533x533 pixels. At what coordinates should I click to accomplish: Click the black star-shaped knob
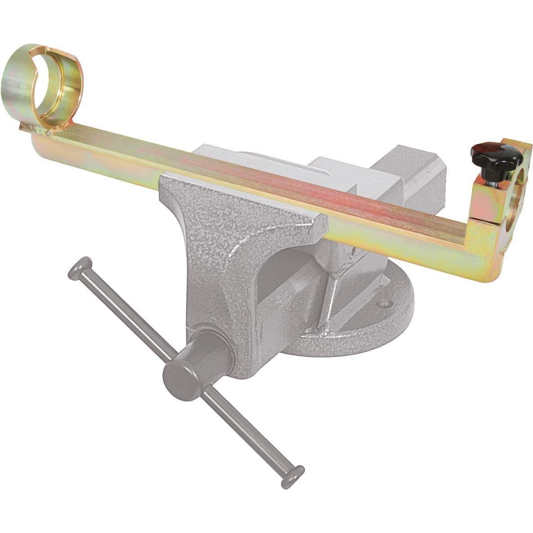pyautogui.click(x=495, y=157)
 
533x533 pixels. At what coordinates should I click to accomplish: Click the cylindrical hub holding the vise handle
pyautogui.click(x=189, y=360)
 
